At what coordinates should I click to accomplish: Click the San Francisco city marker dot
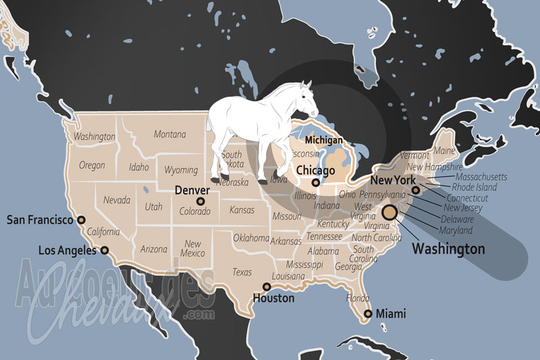pyautogui.click(x=82, y=220)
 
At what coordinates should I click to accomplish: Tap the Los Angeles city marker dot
pyautogui.click(x=105, y=250)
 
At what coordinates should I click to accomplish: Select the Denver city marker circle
pyautogui.click(x=200, y=201)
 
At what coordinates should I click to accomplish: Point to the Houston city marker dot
pyautogui.click(x=267, y=287)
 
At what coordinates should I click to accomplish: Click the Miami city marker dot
pyautogui.click(x=368, y=313)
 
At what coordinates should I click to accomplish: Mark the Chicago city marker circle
pyautogui.click(x=315, y=182)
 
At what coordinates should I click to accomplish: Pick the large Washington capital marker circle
pyautogui.click(x=389, y=214)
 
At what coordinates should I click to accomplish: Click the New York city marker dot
pyautogui.click(x=416, y=190)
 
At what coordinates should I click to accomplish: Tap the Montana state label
pyautogui.click(x=169, y=134)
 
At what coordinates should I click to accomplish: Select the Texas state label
pyautogui.click(x=242, y=272)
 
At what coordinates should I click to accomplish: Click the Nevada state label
pyautogui.click(x=117, y=200)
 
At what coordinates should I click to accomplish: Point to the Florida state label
pyautogui.click(x=357, y=298)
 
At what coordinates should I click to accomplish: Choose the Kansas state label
pyautogui.click(x=242, y=210)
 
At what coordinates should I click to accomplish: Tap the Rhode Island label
pyautogui.click(x=475, y=187)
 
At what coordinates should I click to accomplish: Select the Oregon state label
pyautogui.click(x=92, y=165)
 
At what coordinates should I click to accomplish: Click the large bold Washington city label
pyautogui.click(x=448, y=249)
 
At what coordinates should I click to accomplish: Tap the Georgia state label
pyautogui.click(x=348, y=267)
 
